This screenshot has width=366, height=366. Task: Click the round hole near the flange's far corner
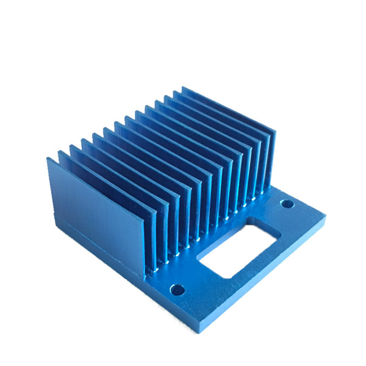point(284,203)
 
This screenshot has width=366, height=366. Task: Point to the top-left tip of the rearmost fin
point(183,88)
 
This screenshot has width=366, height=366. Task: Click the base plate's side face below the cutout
point(262,281)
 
